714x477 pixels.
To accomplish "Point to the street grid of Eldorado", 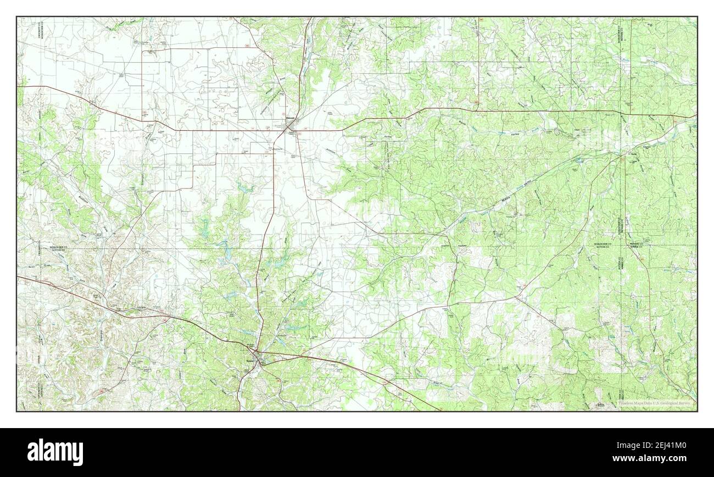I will click(291, 130).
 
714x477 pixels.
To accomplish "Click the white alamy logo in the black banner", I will click(50, 452).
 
